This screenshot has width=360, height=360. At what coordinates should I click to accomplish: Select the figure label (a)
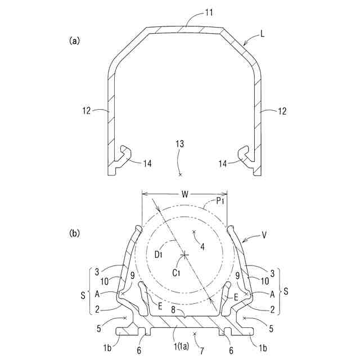coord(74,40)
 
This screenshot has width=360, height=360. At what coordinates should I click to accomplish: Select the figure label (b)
coord(74,231)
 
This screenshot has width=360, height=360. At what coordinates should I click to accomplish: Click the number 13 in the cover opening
coord(179,145)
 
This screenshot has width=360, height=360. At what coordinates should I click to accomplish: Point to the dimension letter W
coord(184,195)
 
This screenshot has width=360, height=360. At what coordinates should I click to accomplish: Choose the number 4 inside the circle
coord(202,246)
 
